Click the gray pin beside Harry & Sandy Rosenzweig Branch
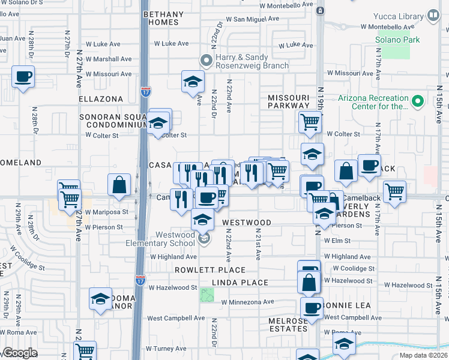(x=206, y=59)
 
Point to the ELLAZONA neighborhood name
(x=101, y=98)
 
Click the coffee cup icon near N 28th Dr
(x=23, y=77)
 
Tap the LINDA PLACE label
(x=238, y=283)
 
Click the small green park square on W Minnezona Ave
(x=207, y=295)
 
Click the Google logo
(x=20, y=353)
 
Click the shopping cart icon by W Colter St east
(x=310, y=122)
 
